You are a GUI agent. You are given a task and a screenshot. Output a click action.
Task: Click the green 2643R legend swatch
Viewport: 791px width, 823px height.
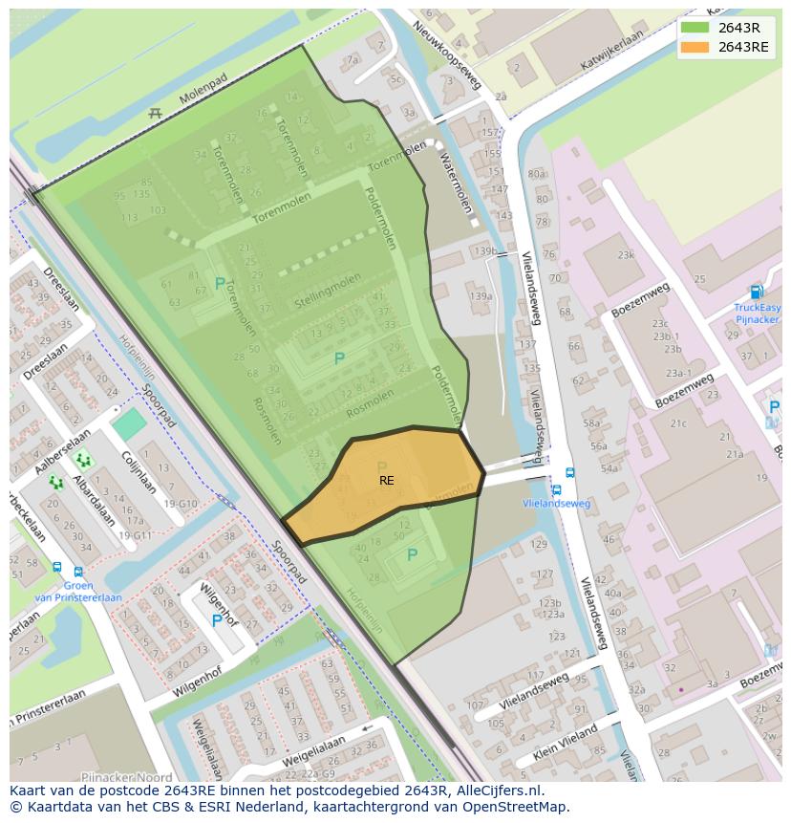[695, 28]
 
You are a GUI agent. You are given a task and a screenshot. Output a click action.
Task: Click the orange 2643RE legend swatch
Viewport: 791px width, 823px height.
[695, 47]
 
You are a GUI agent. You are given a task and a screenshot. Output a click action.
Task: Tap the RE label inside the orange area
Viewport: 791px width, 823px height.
[386, 481]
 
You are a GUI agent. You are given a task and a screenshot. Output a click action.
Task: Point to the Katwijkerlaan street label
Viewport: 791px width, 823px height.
[612, 51]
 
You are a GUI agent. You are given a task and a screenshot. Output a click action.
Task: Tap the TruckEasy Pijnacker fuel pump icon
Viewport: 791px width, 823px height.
[757, 292]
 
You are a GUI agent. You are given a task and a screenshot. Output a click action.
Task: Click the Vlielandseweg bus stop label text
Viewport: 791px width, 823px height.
[557, 504]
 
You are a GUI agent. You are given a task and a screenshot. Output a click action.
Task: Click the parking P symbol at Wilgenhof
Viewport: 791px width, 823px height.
[217, 620]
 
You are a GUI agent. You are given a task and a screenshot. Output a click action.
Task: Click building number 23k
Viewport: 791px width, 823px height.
[625, 255]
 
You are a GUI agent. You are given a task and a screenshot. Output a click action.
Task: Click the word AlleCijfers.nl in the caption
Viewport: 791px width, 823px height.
[496, 791]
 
